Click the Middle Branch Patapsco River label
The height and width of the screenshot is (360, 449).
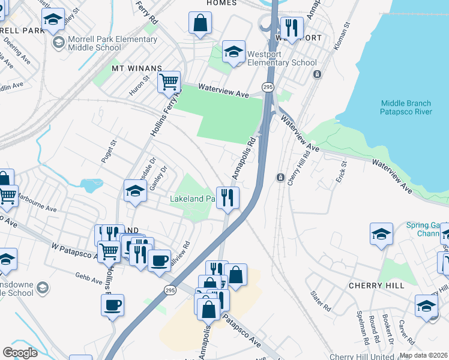406,107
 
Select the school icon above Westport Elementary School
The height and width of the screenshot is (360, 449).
234,52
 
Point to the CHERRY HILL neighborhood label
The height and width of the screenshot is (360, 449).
376,286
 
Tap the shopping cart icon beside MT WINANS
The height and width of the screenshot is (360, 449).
169,81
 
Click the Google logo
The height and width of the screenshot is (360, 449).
20,353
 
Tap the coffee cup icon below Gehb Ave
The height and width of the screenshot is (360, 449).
112,305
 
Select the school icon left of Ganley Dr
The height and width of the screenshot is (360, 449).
135,191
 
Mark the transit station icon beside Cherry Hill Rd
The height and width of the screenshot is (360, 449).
280,178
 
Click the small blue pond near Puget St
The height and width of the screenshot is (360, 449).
91,185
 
